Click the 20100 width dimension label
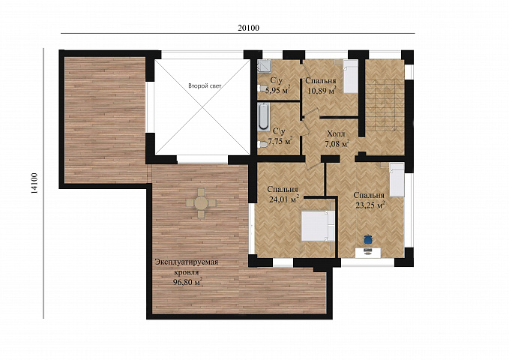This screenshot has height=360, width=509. [248, 28]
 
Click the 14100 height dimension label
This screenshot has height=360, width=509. [34, 183]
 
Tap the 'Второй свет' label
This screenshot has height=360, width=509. [205, 86]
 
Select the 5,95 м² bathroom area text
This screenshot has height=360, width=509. [277, 90]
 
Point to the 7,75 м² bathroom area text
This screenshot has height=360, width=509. [280, 141]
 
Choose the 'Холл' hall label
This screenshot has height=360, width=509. [337, 133]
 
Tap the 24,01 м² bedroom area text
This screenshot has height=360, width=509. [283, 199]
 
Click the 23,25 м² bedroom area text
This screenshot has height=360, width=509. [370, 205]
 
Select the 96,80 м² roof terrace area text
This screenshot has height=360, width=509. [188, 282]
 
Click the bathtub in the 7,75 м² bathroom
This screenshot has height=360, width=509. [264, 117]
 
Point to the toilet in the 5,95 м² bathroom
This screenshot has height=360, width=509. [262, 88]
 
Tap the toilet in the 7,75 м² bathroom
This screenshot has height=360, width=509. [262, 144]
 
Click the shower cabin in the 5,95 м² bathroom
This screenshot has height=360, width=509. [262, 66]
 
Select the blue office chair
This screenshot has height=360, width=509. [368, 239]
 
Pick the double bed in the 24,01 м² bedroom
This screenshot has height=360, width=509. [318, 226]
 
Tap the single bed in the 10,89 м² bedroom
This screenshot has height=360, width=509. [351, 76]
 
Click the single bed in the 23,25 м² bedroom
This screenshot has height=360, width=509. [397, 180]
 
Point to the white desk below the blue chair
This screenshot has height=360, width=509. [368, 253]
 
